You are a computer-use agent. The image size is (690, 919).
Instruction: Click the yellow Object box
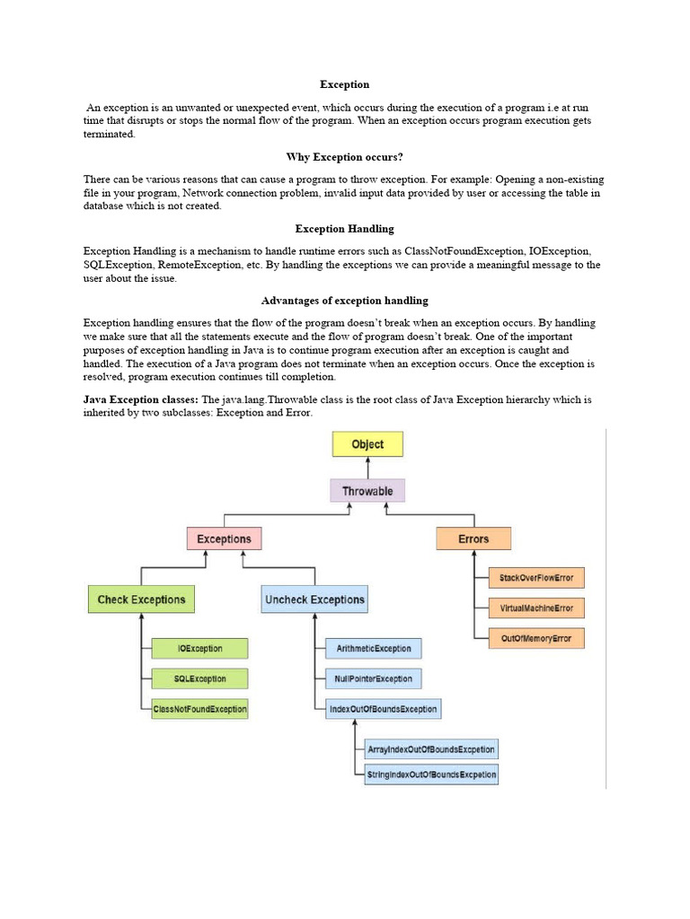point(367,444)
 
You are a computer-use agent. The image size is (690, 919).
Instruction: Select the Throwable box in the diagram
point(367,491)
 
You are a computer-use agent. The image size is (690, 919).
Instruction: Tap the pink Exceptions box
point(225,538)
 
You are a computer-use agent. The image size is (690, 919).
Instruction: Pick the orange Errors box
point(473,538)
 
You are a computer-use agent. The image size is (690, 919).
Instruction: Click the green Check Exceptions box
point(141,600)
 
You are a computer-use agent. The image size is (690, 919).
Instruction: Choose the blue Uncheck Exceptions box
point(314,600)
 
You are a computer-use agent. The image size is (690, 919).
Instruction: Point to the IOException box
point(199,648)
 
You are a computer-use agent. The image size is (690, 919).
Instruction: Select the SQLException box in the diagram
point(199,678)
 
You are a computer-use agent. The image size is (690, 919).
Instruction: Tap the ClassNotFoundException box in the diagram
point(199,709)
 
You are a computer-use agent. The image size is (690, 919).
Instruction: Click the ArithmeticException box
point(374,648)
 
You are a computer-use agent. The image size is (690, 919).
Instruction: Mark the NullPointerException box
point(374,678)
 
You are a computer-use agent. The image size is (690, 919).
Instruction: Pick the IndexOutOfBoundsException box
point(383,709)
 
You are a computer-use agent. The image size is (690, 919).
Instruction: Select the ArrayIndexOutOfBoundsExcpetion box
point(430,748)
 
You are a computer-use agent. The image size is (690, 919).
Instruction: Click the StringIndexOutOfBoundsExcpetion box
point(430,774)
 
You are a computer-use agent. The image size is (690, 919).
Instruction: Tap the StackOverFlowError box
point(536,578)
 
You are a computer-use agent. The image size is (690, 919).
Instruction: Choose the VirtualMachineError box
point(536,608)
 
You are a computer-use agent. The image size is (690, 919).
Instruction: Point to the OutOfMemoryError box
point(536,639)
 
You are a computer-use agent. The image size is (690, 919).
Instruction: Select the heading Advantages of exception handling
point(344,301)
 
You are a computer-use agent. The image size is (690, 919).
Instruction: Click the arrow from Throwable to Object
point(367,468)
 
